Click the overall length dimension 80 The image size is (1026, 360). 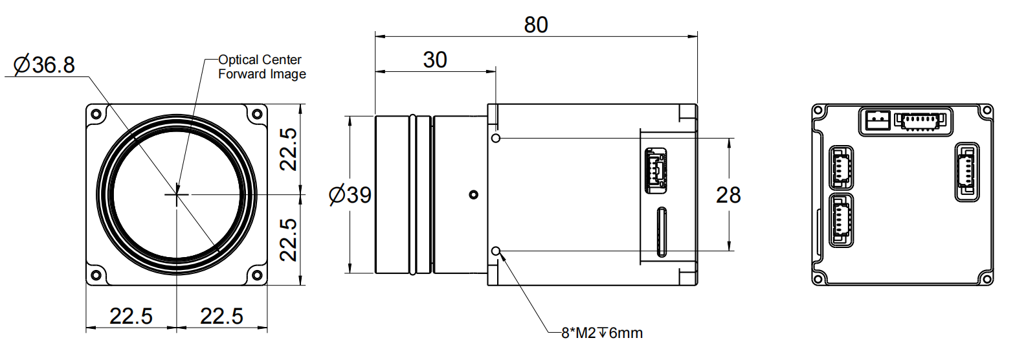pos(536,25)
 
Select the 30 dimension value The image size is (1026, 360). pos(435,60)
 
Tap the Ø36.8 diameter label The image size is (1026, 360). pos(44,65)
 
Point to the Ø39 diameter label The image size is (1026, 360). pos(350,195)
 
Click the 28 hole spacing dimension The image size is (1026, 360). pos(728,195)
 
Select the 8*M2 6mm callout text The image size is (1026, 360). pos(602,333)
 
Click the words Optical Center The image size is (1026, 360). pos(260,60)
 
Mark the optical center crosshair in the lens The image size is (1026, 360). pos(176,194)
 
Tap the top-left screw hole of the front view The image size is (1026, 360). pos(96,114)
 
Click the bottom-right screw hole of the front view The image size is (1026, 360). pos(257,274)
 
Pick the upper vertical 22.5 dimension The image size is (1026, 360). pos(289,149)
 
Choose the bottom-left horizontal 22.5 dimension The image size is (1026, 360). pos(131,316)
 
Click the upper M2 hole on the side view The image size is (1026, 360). pos(496,138)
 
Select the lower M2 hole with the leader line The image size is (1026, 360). pos(496,251)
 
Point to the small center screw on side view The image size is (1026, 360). pos(473,194)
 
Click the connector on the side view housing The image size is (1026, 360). pos(655,171)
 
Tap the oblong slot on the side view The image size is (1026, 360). pos(661,232)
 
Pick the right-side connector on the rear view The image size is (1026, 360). pos(967,172)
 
